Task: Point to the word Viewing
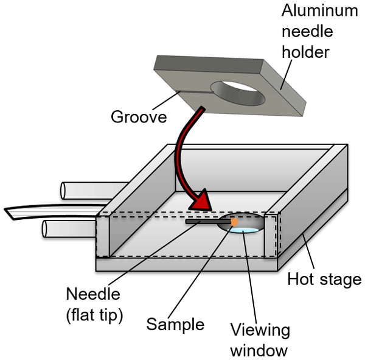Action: [x=260, y=330]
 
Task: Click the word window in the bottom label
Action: [x=260, y=350]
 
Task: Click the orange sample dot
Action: [x=234, y=222]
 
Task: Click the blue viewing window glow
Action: [x=249, y=230]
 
